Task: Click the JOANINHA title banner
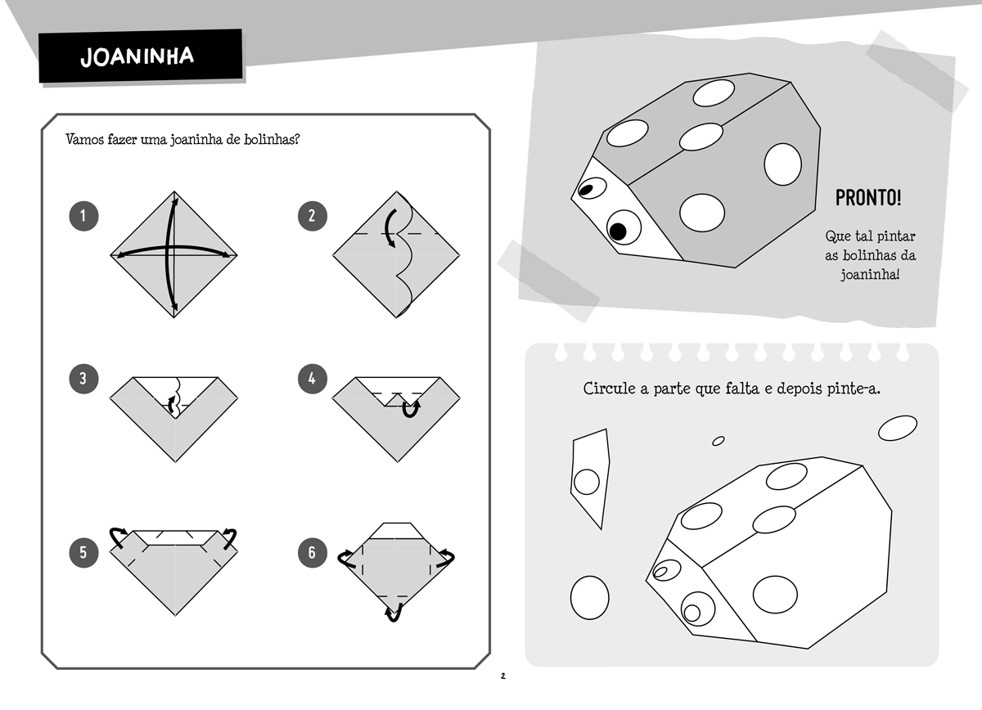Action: click(140, 56)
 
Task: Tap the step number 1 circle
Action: click(83, 216)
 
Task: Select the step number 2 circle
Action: click(312, 216)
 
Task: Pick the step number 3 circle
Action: click(83, 379)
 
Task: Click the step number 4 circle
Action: click(312, 379)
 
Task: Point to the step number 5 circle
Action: click(83, 553)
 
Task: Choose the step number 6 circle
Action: click(312, 553)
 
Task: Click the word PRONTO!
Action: click(868, 198)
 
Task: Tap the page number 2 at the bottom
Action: click(502, 676)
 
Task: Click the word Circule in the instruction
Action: click(609, 389)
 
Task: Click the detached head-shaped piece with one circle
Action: click(590, 479)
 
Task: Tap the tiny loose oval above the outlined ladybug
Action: click(718, 441)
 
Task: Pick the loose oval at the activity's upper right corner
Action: click(898, 428)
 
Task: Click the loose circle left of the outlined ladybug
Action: click(590, 598)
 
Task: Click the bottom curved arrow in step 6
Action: click(394, 613)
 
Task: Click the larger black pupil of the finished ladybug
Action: click(618, 231)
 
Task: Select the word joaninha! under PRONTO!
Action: click(870, 275)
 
